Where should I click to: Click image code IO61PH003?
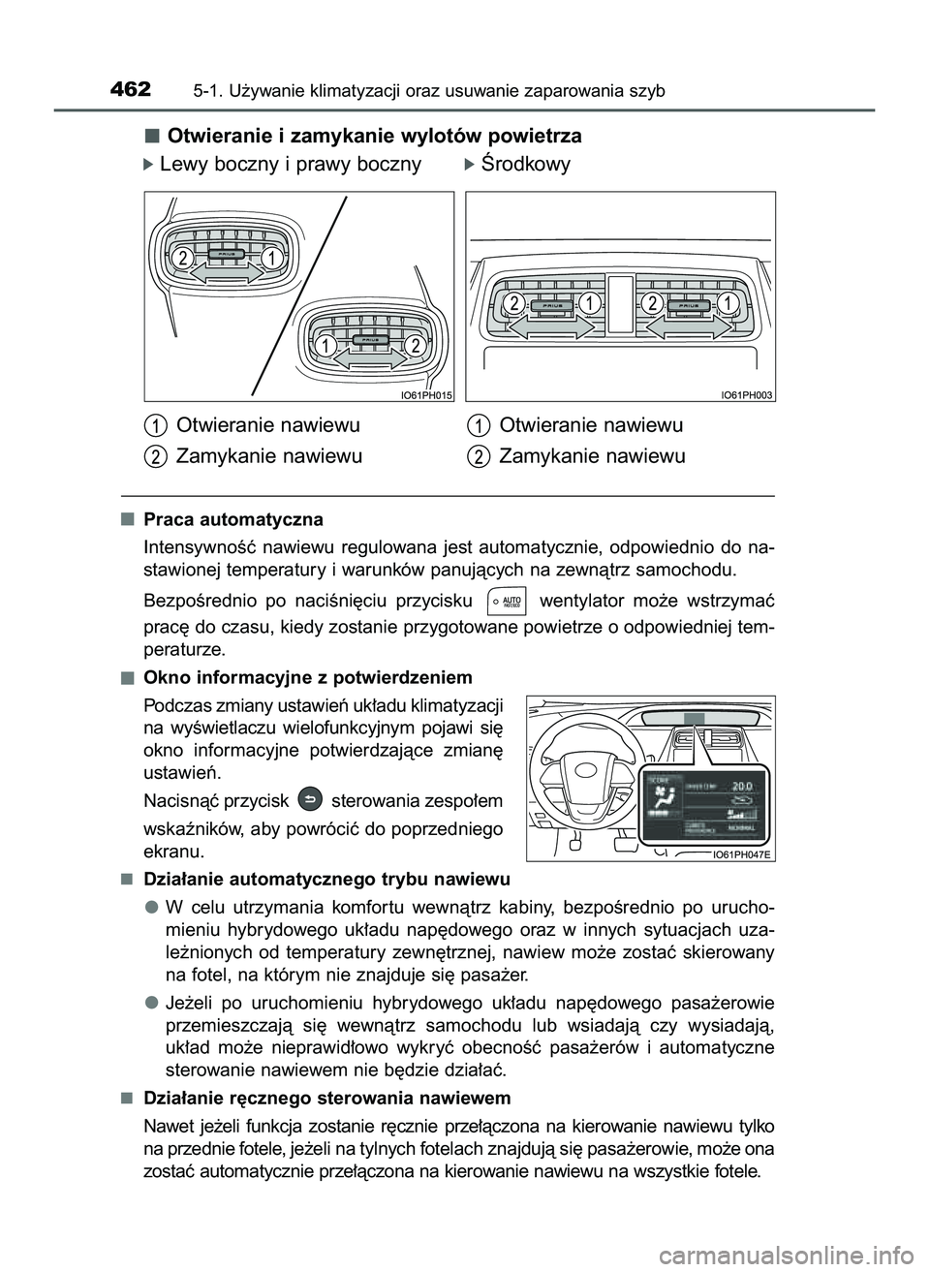(x=748, y=393)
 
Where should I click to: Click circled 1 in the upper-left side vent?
(x=274, y=257)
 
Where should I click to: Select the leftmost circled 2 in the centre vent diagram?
(x=513, y=303)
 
